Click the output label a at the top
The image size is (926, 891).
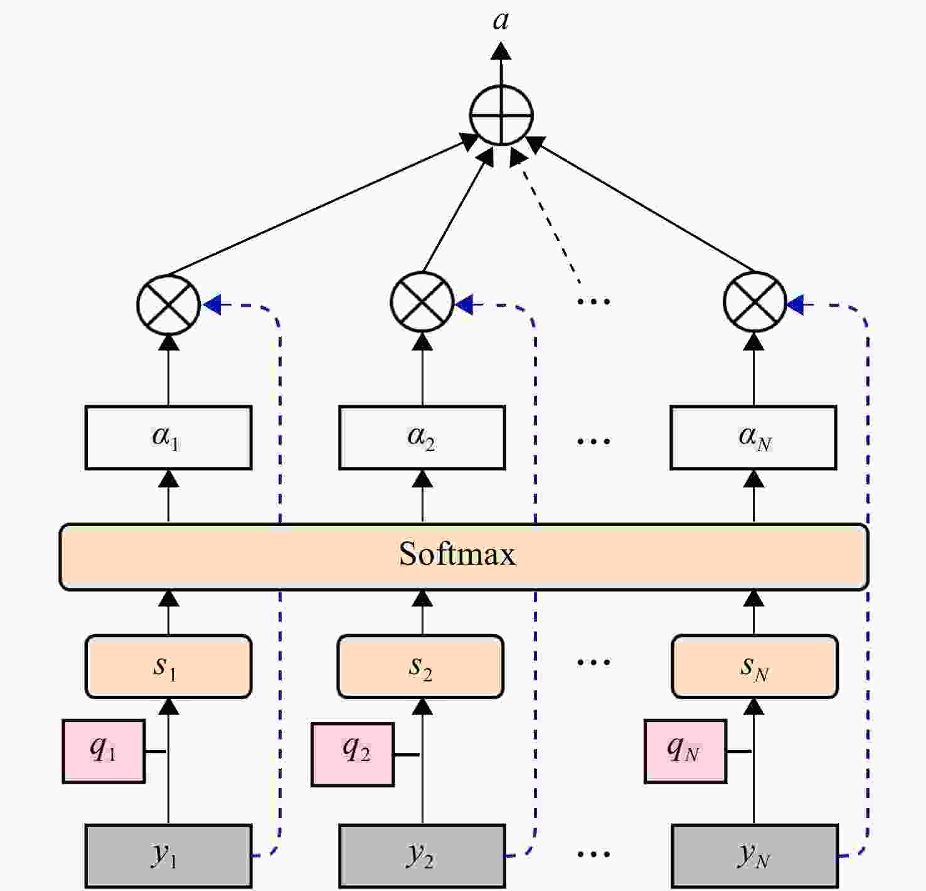point(501,21)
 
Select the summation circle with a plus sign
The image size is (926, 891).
point(501,115)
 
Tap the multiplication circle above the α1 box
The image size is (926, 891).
point(168,304)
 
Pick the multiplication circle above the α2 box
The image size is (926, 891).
point(422,302)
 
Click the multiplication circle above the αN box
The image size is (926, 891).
point(754,302)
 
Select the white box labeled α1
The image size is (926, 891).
point(169,437)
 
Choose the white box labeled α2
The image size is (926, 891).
point(422,437)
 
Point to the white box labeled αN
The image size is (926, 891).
point(753,437)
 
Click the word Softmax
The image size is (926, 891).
point(457,554)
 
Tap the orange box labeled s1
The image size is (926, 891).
point(169,666)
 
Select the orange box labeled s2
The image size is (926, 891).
point(420,666)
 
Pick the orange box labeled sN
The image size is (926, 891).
point(755,666)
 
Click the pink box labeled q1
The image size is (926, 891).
point(104,751)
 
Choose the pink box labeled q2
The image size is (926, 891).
point(353,754)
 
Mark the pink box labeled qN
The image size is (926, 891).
point(685,751)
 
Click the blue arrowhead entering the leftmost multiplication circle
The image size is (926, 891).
point(212,304)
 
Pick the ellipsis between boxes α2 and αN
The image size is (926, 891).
point(593,441)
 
